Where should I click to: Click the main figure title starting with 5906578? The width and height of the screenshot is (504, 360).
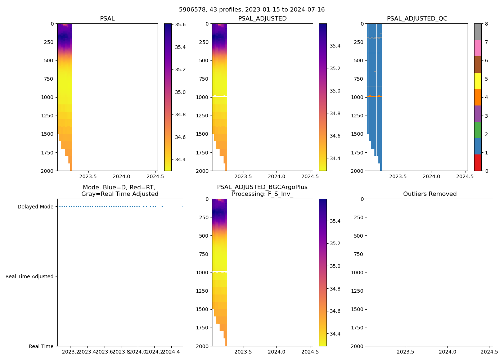click(x=252, y=10)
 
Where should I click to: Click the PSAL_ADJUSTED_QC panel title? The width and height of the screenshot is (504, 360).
click(x=417, y=19)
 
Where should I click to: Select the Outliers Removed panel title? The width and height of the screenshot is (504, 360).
click(x=429, y=194)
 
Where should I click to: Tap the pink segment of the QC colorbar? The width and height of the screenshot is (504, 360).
click(x=478, y=48)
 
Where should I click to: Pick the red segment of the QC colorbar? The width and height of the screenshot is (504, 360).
click(x=478, y=162)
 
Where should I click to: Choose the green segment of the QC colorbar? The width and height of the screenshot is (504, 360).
click(x=478, y=130)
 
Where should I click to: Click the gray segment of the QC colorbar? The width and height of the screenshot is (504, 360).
click(x=478, y=32)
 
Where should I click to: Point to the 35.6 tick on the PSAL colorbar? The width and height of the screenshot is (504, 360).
click(x=180, y=25)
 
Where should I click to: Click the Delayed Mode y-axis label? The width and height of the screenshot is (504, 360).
click(x=35, y=207)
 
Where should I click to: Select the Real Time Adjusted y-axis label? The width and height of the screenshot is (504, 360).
click(x=30, y=276)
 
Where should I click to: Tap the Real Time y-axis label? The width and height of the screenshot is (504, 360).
click(x=41, y=346)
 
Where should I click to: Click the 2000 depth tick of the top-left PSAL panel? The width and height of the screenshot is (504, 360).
click(x=47, y=171)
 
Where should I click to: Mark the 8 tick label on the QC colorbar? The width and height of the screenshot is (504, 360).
click(x=486, y=24)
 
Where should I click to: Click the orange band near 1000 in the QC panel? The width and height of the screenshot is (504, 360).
click(x=374, y=96)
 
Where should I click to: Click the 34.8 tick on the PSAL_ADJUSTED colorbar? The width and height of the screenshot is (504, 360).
click(x=335, y=113)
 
